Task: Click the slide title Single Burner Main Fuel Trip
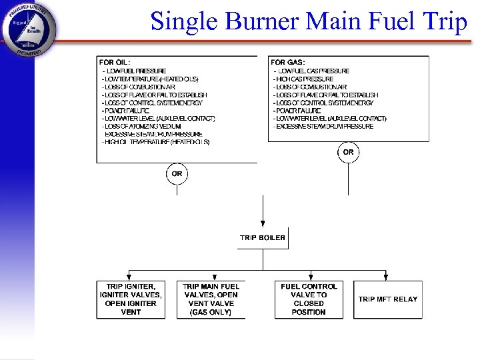click(309, 21)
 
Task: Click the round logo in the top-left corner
click(29, 29)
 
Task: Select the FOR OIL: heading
click(115, 62)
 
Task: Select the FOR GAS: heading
click(287, 62)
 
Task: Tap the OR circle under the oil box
click(177, 174)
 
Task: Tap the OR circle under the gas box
click(348, 153)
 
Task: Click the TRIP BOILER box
click(263, 238)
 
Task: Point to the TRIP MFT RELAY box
click(387, 299)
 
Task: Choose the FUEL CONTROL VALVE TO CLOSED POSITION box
click(309, 299)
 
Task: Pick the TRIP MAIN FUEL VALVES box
click(211, 299)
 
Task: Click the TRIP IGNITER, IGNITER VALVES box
click(131, 299)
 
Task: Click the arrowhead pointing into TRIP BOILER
click(263, 224)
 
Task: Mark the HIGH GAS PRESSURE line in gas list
click(303, 79)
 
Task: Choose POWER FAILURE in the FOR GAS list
click(301, 111)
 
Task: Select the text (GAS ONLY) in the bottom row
click(211, 312)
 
